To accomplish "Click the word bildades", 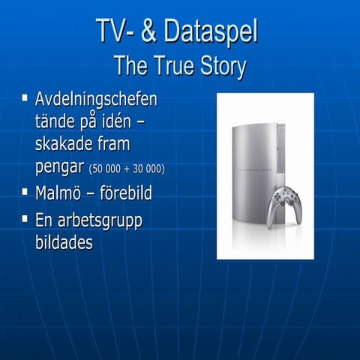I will point(64,243).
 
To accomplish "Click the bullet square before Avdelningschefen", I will point(25,98).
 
